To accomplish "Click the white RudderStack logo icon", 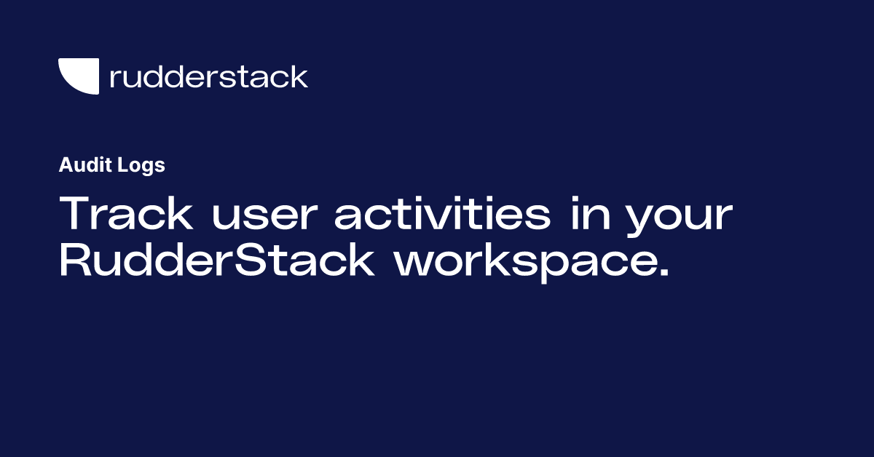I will [78, 76].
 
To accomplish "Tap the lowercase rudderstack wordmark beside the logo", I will [208, 76].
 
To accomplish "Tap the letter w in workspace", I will [413, 266].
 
